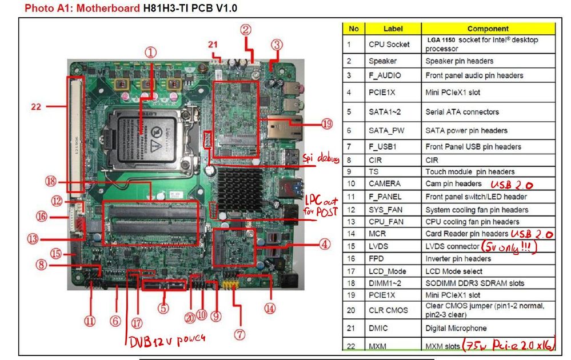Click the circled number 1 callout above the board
point(151,53)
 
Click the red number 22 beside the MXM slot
point(36,106)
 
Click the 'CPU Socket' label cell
point(389,45)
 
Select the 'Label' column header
point(393,29)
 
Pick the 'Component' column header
point(488,29)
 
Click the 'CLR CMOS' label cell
point(389,310)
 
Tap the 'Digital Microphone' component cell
point(456,329)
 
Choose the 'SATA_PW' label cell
point(388,130)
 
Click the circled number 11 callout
point(90,321)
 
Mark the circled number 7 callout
point(239,332)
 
